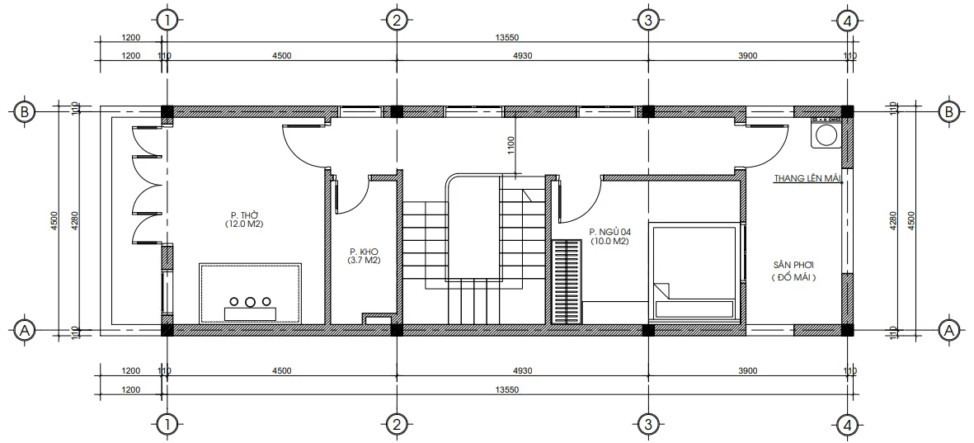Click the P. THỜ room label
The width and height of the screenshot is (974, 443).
242,215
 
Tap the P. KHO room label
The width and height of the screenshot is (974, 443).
363,252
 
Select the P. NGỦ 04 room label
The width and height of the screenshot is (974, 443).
609,233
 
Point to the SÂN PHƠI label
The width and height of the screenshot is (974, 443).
794,266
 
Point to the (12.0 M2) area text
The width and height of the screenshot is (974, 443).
242,224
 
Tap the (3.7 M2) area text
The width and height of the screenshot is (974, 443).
363,261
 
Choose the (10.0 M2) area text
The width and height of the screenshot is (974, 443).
609,242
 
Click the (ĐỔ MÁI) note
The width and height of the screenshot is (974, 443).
794,278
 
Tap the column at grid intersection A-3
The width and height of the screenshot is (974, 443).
648,330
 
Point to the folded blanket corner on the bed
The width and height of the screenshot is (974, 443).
663,292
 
